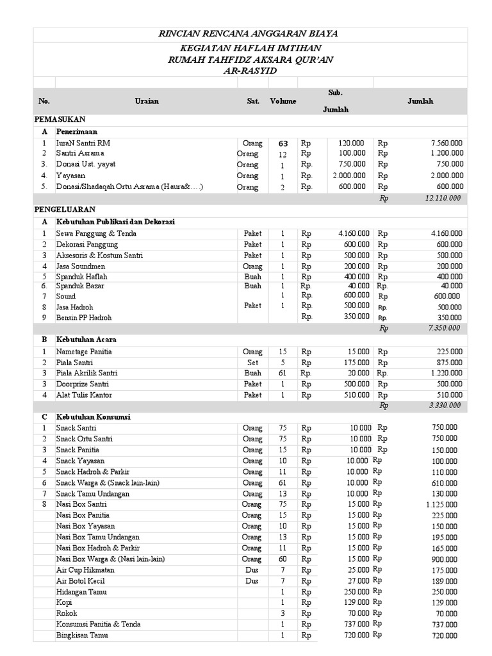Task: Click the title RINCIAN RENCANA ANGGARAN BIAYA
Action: (x=249, y=34)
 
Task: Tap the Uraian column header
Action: (x=147, y=101)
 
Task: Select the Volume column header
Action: (x=283, y=101)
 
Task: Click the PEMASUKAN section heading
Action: (x=60, y=120)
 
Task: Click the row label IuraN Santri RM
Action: (x=83, y=143)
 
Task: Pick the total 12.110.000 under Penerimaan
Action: (x=443, y=199)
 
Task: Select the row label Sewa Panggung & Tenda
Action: (x=96, y=234)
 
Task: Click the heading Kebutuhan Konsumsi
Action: (x=93, y=417)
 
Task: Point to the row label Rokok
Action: (x=67, y=613)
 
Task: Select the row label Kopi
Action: (x=64, y=602)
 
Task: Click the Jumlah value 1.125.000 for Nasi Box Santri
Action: (x=441, y=505)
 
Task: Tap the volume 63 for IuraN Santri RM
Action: (x=283, y=143)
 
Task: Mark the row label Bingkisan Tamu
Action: (x=82, y=635)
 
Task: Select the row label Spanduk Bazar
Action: (x=79, y=286)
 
